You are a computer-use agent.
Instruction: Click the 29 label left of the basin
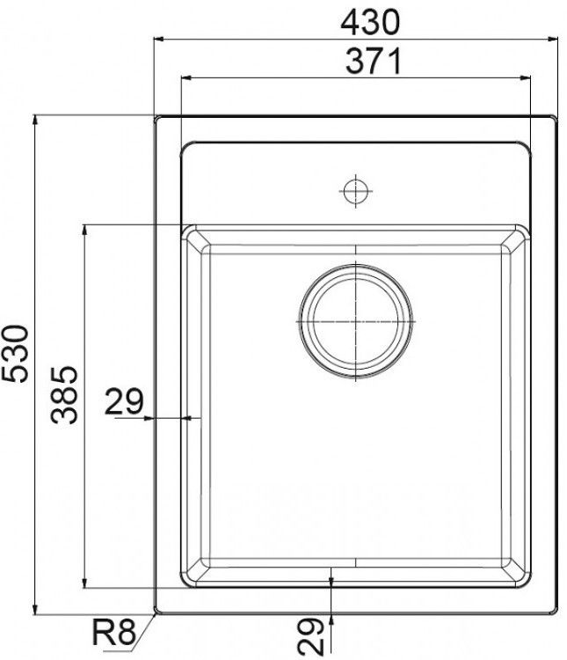(124, 402)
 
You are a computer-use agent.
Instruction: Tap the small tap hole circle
(354, 190)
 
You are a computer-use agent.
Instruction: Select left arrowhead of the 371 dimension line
(185, 77)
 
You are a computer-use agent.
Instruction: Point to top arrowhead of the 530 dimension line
(33, 119)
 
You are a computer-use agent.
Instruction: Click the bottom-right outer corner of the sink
(556, 612)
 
